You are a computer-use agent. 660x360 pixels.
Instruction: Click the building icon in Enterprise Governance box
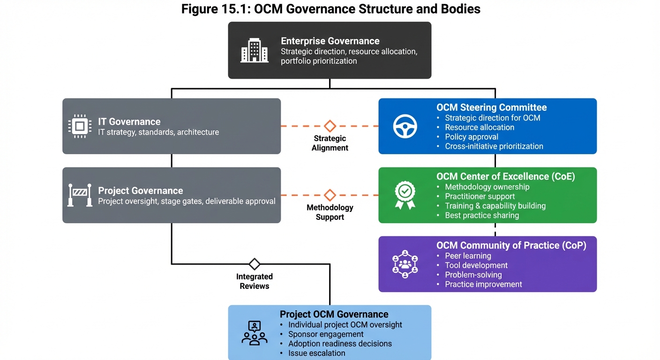255,51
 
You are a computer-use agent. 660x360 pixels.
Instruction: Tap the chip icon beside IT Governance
80,127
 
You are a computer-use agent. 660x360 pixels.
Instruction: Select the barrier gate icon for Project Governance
80,195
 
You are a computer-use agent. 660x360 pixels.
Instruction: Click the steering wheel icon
405,127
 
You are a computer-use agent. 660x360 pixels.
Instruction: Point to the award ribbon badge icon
405,195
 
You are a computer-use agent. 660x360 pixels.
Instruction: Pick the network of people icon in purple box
405,264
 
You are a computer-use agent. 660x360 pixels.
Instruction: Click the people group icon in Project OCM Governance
255,333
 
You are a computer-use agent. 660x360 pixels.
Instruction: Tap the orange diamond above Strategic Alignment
330,126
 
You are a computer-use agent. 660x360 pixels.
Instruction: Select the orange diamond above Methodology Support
330,195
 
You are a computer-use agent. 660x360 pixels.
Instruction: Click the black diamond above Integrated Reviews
255,264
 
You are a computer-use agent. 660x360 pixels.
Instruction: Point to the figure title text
330,9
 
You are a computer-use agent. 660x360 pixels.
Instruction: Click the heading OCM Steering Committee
491,107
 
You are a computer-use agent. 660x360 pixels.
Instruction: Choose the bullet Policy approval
471,137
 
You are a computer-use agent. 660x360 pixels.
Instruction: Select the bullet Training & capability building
495,206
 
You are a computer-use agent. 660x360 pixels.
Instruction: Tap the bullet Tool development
476,265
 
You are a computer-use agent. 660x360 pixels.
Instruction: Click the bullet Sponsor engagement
326,334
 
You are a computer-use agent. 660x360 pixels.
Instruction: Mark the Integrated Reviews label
255,281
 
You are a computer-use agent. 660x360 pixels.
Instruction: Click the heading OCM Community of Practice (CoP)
511,245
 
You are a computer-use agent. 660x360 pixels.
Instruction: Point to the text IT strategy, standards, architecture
158,132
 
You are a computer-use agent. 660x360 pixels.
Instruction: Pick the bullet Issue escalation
316,353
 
